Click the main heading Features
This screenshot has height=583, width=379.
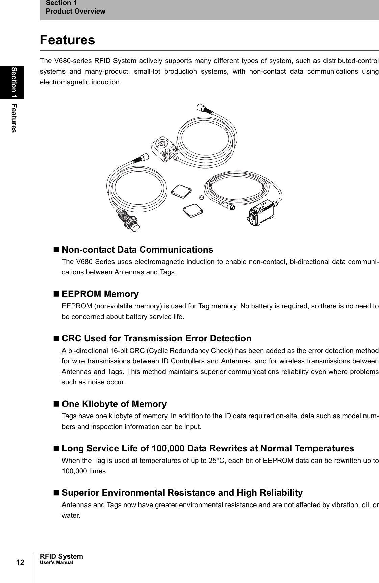click(x=67, y=40)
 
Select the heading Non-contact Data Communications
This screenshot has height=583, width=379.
click(x=137, y=250)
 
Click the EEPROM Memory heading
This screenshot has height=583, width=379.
click(x=100, y=294)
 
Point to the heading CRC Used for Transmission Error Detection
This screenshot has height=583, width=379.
click(x=156, y=338)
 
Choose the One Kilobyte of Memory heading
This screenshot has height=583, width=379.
click(x=114, y=404)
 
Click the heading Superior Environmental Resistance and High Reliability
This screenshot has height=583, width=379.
click(x=182, y=493)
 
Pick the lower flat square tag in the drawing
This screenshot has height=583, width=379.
click(x=193, y=211)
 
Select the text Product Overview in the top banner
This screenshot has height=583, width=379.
click(x=75, y=11)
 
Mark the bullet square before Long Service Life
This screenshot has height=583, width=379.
click(x=56, y=449)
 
